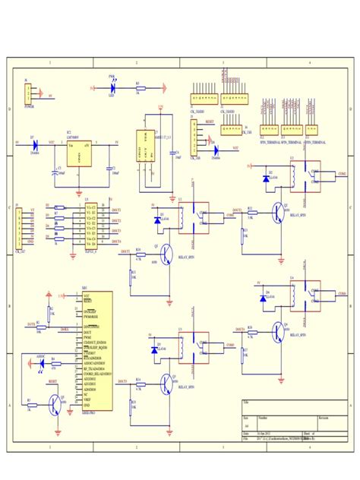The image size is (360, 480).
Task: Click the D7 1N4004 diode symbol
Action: [x=34, y=143]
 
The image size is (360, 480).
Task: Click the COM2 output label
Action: [x=342, y=174]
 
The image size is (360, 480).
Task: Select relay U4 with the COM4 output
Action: [x=305, y=294]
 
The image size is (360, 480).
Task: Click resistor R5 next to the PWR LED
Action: [x=137, y=89]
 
